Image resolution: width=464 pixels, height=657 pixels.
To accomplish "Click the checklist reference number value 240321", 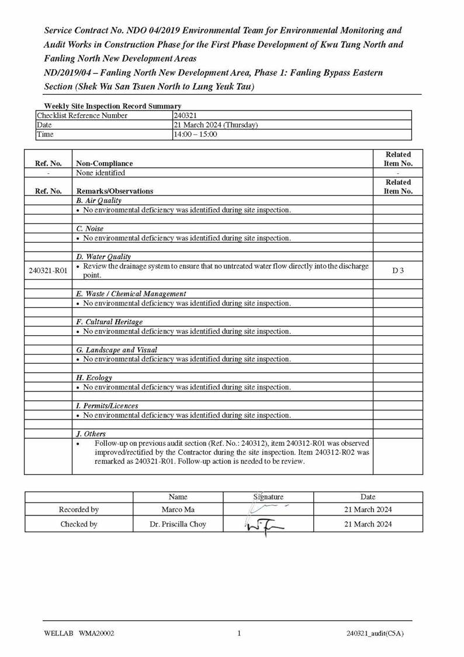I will coord(185,116).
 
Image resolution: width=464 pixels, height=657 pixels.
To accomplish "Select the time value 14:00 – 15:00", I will coord(195,135).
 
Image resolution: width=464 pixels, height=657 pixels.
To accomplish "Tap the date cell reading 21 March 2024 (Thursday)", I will coord(216,125).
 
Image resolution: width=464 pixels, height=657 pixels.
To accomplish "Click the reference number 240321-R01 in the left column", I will coord(48,271).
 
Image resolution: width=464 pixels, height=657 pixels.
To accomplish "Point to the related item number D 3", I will coord(398,271).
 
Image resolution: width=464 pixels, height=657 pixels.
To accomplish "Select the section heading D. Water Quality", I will coord(103,257).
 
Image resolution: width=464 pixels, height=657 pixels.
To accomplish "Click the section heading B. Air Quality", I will coord(99,201).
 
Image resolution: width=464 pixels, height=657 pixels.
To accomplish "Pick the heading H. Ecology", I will coord(94,378).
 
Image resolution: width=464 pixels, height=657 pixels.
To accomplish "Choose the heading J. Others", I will coord(91,434).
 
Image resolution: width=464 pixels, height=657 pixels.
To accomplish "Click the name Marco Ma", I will coord(178,510).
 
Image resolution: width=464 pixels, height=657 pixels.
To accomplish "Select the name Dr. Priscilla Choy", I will coord(178,524).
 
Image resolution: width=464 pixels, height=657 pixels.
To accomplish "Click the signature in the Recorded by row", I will coord(268,508).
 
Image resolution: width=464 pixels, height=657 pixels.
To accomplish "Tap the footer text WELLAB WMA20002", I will coord(79,633).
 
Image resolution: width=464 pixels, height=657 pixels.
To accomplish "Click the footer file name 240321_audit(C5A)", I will coord(375,633).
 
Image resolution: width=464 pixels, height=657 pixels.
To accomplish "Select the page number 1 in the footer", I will coord(239,633).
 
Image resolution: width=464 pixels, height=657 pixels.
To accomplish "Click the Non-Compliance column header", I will coord(105,164).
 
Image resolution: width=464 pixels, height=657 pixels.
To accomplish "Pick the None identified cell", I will coord(101,173).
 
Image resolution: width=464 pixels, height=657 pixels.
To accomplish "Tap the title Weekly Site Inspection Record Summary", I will coord(113,106).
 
